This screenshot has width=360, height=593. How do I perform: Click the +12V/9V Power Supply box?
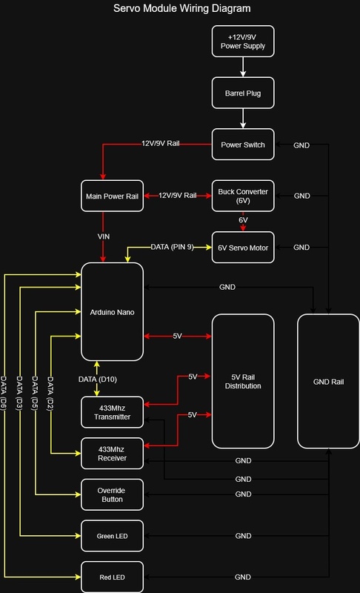[x=243, y=42]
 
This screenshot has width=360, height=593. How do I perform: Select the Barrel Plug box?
[x=243, y=93]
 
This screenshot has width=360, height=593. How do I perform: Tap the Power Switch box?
[x=243, y=145]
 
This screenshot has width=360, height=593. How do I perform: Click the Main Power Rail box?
[x=112, y=196]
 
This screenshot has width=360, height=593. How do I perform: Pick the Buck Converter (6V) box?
[x=243, y=196]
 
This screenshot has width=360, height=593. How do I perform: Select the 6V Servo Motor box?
[x=243, y=248]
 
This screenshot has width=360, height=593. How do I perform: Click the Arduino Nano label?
[x=112, y=312]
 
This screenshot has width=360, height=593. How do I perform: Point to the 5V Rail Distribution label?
[x=243, y=382]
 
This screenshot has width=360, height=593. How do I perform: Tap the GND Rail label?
[x=328, y=382]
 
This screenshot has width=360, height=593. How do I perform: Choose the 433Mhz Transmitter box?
[x=112, y=412]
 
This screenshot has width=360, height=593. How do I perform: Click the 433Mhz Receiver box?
[x=112, y=454]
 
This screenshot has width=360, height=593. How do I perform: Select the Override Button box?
[x=112, y=494]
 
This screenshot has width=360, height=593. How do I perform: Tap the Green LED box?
[x=112, y=536]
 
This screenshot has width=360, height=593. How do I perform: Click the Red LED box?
[x=112, y=577]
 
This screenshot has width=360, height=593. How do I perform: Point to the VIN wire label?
[x=104, y=236]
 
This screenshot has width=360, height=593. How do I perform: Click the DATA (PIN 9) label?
[x=173, y=247]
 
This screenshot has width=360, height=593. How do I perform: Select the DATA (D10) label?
[x=98, y=379]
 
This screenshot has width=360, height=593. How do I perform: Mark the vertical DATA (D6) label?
[x=4, y=394]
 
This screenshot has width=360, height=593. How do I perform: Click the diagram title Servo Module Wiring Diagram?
[x=181, y=8]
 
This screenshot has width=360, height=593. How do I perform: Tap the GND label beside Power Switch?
[x=301, y=145]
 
